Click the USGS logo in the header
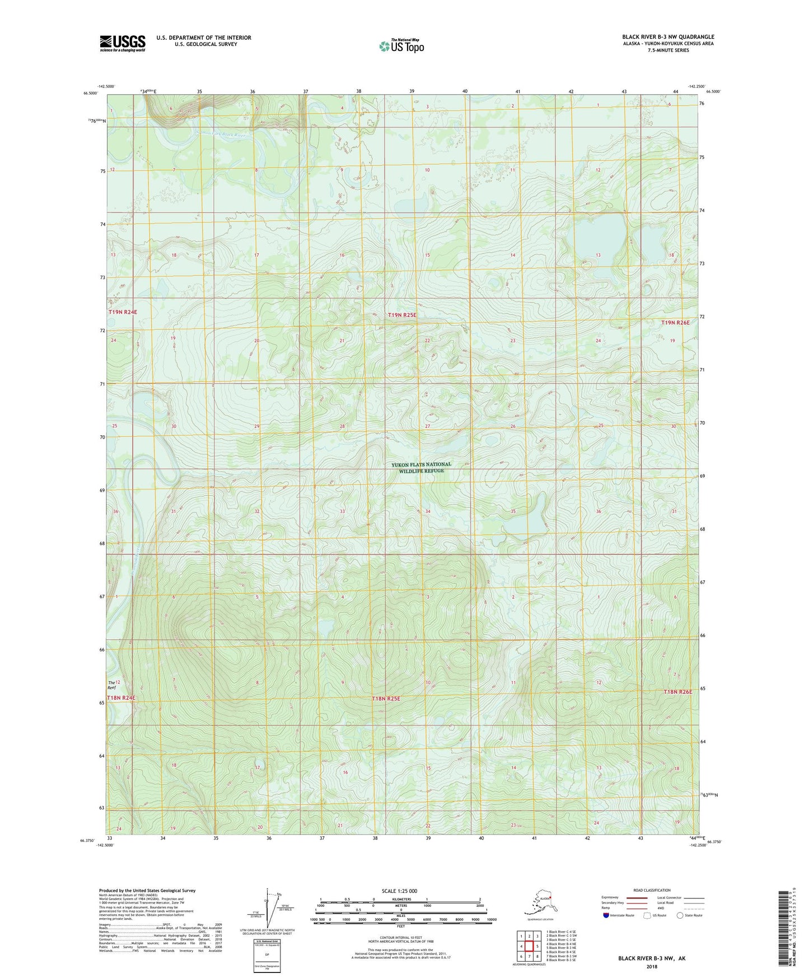122,43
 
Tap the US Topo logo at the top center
401,45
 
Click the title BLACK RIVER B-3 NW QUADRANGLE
668,37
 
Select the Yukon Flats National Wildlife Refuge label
421,467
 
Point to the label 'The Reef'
112,684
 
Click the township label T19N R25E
402,315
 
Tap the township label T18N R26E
677,692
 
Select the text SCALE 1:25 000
400,891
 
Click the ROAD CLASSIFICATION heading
652,890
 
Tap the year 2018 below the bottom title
652,966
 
